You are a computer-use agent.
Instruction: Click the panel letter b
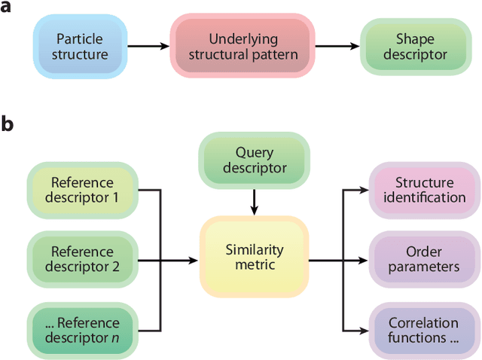(8, 124)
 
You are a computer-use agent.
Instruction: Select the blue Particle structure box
(82, 46)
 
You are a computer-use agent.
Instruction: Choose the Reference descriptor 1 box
(82, 191)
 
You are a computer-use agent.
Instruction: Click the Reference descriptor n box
(82, 330)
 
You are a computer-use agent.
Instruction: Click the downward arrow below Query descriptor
(254, 201)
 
